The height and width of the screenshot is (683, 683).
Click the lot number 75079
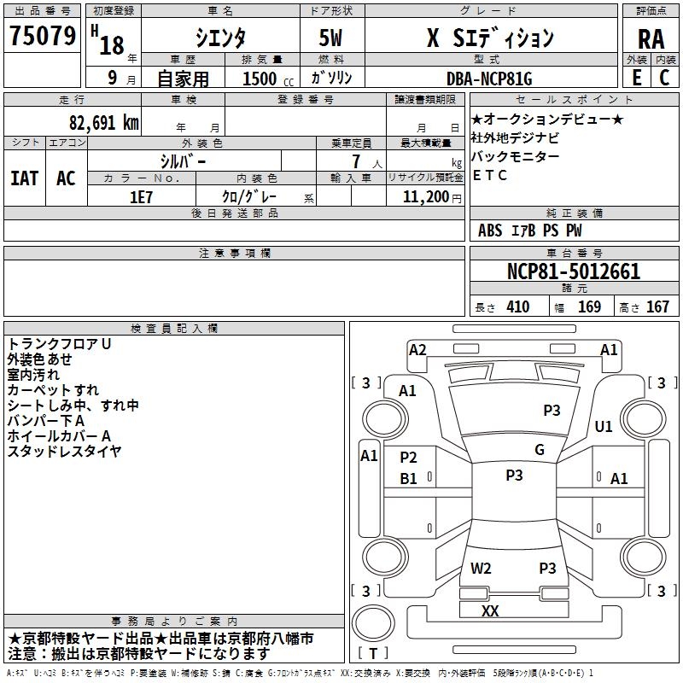click(42, 37)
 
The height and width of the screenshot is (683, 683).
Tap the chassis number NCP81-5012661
click(573, 271)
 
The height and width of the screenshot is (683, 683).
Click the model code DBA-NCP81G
click(489, 79)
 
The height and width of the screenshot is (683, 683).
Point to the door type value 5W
click(331, 38)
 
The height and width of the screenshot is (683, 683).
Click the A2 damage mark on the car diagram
click(417, 349)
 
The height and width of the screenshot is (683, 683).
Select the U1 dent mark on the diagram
click(604, 426)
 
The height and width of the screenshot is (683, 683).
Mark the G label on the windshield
click(540, 450)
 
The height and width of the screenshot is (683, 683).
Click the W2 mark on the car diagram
click(481, 568)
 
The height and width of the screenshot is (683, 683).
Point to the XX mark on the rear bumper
click(490, 611)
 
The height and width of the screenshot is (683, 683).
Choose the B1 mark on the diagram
click(409, 479)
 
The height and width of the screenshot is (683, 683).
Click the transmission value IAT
click(25, 178)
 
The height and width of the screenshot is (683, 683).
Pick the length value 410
click(517, 306)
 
